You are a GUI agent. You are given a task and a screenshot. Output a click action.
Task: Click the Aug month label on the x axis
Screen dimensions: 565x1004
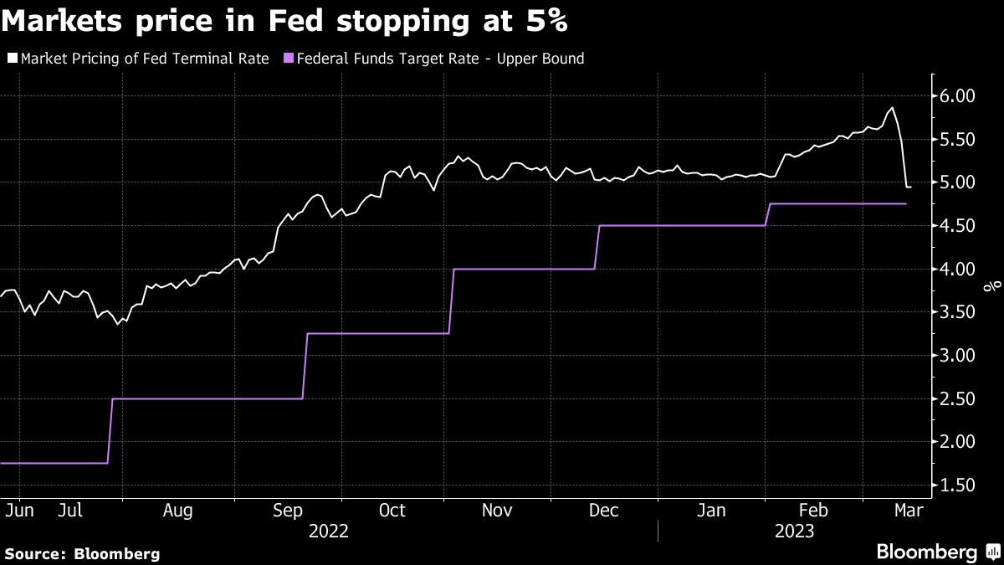(177, 510)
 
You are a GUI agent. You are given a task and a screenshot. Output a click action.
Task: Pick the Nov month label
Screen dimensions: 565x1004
(497, 510)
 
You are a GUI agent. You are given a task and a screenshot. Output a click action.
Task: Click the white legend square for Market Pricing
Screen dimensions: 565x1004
(11, 59)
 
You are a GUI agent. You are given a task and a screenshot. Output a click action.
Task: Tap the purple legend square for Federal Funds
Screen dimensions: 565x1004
(289, 59)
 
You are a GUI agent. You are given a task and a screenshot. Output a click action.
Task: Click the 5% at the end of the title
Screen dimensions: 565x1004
(548, 23)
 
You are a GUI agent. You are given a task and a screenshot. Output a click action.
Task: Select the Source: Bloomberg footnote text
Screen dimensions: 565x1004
(82, 553)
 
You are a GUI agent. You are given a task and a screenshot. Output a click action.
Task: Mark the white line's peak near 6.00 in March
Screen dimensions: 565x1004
(892, 108)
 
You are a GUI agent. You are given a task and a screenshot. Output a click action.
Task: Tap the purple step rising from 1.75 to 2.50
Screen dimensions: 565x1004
(110, 431)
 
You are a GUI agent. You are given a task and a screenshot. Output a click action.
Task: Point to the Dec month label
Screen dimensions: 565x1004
(604, 510)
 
